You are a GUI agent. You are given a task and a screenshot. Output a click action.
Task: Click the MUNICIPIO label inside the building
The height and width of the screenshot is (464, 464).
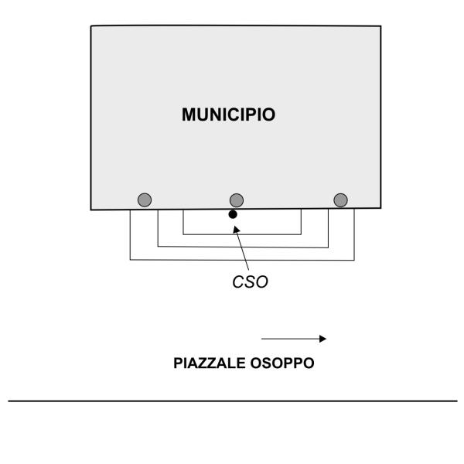tap(229, 115)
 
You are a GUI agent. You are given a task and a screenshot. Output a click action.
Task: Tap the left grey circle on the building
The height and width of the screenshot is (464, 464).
tap(144, 200)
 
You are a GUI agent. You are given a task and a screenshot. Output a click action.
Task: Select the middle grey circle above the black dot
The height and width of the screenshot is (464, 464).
tap(237, 200)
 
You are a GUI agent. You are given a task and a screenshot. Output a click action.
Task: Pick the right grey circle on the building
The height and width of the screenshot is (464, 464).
tap(340, 200)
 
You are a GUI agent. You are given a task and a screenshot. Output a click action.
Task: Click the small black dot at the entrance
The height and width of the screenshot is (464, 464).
tap(233, 214)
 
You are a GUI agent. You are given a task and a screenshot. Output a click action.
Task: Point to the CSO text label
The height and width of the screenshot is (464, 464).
tap(251, 282)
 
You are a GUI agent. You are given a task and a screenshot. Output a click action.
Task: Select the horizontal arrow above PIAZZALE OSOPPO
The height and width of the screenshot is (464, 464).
tap(294, 338)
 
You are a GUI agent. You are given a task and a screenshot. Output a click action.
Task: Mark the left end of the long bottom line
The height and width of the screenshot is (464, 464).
tap(9, 401)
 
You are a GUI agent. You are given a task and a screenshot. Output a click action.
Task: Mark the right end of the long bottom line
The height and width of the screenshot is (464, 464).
tap(456, 401)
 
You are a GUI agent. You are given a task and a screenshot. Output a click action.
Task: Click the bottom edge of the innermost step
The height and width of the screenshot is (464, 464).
tap(241, 234)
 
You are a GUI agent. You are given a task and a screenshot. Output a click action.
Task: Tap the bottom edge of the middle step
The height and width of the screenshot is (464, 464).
tap(244, 247)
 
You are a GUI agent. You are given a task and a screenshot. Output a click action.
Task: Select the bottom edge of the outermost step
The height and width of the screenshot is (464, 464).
tap(241, 259)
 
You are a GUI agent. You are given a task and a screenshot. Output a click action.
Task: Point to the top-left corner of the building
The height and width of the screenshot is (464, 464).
tap(91, 26)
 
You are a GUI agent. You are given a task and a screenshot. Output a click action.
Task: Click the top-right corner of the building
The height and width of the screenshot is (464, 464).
tap(380, 26)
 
